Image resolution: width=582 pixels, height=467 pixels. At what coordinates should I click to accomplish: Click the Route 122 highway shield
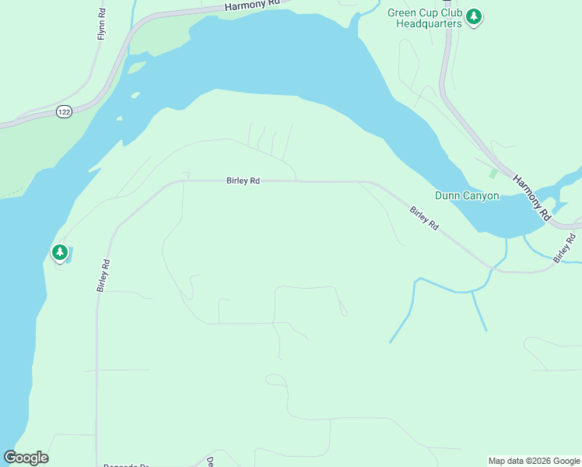coord(64,113)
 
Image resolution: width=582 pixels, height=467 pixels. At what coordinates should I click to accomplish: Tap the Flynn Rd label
coord(101,26)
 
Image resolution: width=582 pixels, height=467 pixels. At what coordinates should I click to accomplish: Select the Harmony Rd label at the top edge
coord(251,5)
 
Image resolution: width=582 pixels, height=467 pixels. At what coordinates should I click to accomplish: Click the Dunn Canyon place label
coord(467,196)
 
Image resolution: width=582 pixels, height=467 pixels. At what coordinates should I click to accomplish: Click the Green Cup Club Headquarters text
coord(425,19)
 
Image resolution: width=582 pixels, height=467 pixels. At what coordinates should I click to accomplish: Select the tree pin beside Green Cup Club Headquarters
coord(474,16)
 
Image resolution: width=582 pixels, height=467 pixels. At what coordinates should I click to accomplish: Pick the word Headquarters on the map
coord(429,24)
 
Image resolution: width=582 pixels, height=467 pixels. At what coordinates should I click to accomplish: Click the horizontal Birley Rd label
coord(243,181)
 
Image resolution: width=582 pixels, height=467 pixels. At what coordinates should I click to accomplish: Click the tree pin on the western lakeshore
coord(59,252)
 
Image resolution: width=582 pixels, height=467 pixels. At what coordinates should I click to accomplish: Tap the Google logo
coord(26,458)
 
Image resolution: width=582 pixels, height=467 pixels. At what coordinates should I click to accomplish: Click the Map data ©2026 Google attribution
coord(533,461)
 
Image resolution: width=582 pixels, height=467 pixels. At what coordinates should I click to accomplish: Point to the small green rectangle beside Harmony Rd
coord(493,173)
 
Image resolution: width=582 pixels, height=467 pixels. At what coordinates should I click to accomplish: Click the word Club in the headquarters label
coord(450,13)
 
